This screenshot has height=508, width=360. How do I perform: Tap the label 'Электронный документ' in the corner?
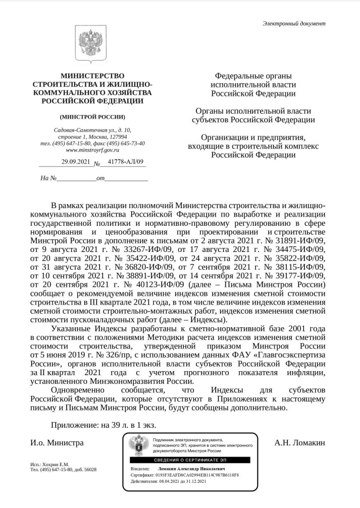294,24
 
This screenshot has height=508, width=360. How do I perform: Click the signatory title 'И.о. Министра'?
57,443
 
